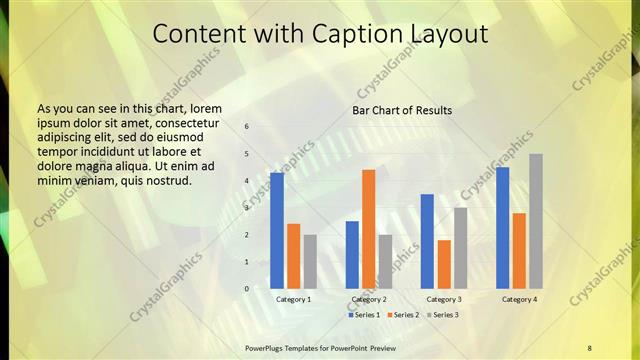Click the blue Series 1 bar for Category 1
point(277,231)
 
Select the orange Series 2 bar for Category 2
point(368,229)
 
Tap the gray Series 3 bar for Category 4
point(536,221)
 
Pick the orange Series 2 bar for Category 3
point(444,264)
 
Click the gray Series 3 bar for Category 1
point(310,262)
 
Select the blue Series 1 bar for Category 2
point(352,255)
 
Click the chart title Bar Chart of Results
point(402,110)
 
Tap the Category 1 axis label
point(293,299)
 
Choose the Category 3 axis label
point(444,299)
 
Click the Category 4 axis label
point(519,299)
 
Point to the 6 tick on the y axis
point(247,127)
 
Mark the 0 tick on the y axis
point(247,289)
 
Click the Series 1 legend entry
point(364,315)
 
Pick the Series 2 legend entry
point(403,315)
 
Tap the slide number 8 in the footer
point(590,347)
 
